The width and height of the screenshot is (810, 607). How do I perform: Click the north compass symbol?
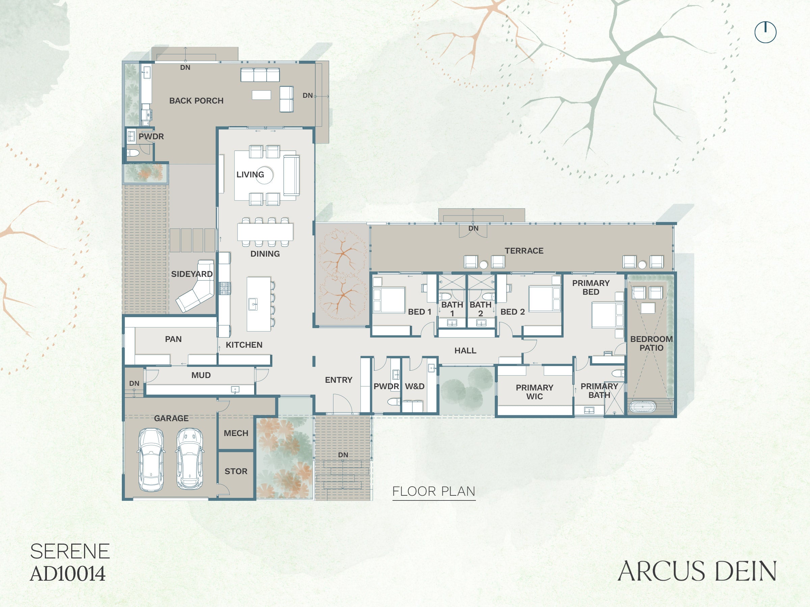[x=765, y=32]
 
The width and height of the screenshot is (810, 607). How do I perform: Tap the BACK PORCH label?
[x=196, y=100]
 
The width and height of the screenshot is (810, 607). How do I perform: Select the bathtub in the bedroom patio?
[x=644, y=407]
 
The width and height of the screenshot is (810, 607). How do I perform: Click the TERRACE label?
[x=524, y=251]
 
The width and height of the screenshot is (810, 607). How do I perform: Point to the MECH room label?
[x=236, y=433]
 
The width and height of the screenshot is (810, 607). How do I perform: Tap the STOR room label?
[x=236, y=471]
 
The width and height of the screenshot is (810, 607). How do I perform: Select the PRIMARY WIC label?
[x=535, y=392]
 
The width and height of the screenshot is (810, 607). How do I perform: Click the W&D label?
[x=414, y=386]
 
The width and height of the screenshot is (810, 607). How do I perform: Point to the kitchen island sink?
[x=253, y=304]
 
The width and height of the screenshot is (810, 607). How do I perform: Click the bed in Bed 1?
[x=389, y=300]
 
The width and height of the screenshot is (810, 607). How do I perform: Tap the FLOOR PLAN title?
[x=434, y=491]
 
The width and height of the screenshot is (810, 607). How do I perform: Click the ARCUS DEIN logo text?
[x=697, y=571]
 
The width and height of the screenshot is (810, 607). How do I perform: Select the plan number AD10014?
[x=68, y=574]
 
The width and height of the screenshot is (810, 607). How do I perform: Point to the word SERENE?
[x=70, y=551]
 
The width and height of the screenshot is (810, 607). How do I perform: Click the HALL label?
[x=465, y=350]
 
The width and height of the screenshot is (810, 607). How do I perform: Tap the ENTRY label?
[x=339, y=380]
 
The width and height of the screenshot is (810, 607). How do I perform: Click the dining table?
[x=265, y=232]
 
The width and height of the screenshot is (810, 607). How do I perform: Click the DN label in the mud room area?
[x=134, y=383]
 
